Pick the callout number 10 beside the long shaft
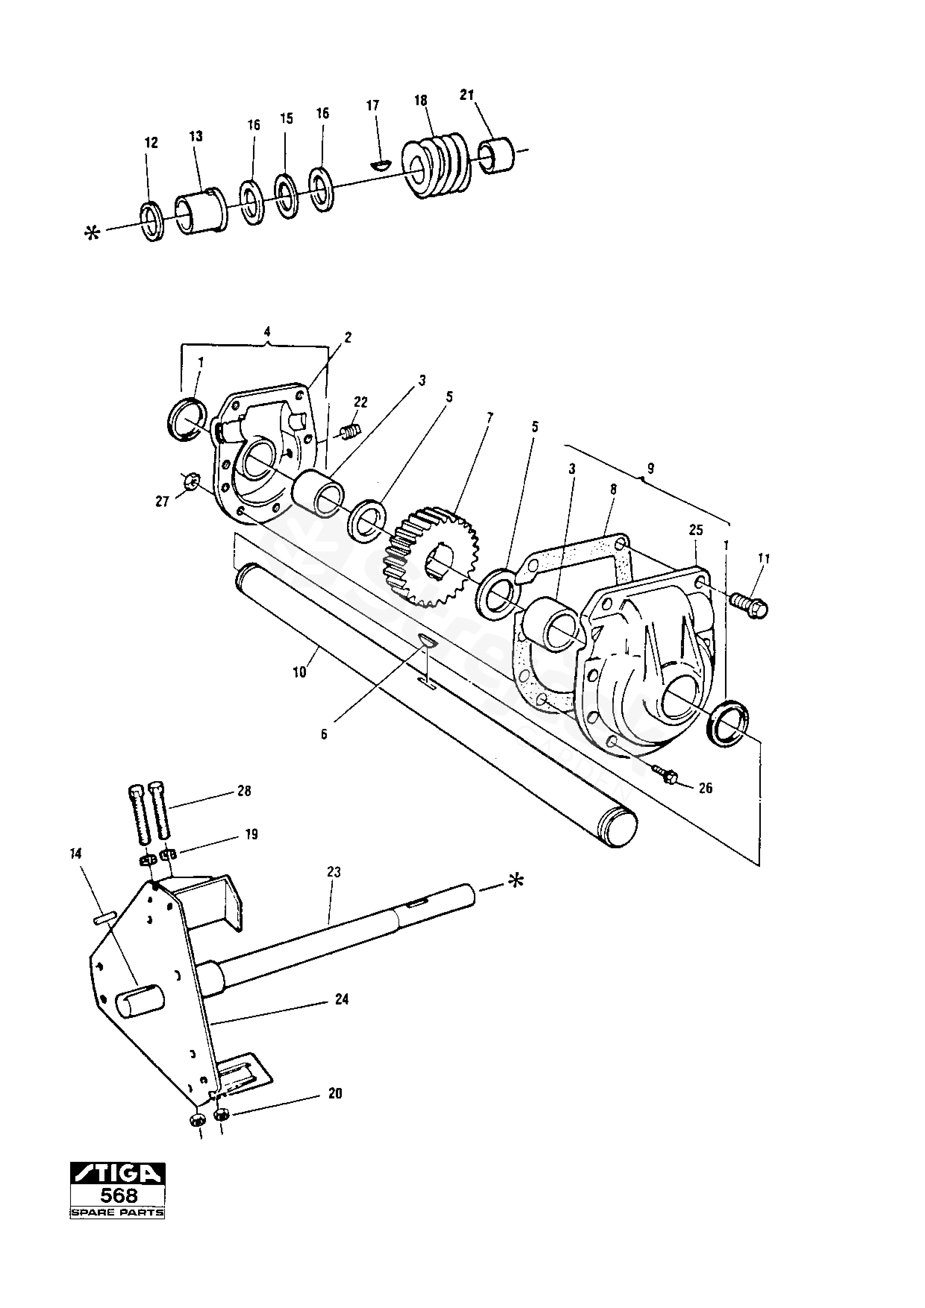click(299, 673)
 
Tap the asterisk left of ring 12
click(91, 233)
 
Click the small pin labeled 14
click(107, 916)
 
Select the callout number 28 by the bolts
click(244, 791)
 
